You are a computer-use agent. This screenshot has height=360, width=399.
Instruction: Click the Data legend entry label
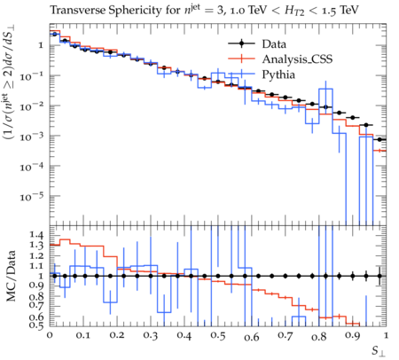pos(274,44)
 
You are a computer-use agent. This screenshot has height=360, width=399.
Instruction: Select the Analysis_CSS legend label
pos(297,59)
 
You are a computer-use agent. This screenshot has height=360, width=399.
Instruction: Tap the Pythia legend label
pos(278,74)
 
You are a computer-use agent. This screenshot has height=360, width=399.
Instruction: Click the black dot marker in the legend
pos(241,43)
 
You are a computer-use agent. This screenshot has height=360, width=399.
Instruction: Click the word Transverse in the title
pos(78,11)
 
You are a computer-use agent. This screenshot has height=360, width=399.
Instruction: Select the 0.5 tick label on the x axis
pos(218,336)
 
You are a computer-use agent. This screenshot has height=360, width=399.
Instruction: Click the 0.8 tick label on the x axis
pos(318,336)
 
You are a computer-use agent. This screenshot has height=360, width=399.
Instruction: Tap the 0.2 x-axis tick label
pos(117,336)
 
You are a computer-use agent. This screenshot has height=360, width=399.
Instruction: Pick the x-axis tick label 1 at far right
pos(386,336)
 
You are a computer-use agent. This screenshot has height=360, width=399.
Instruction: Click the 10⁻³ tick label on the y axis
pos(32,137)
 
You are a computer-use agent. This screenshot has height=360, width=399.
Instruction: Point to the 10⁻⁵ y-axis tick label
pos(32,196)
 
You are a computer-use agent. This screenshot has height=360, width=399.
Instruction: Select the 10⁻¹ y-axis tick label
pos(32,76)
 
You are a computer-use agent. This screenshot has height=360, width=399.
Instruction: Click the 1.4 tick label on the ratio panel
pos(36,235)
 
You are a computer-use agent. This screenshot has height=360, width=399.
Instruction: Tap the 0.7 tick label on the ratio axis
pos(36,304)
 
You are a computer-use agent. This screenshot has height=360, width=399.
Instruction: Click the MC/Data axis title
pos(12,276)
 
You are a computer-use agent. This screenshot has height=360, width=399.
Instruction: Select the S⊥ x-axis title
pos(379,351)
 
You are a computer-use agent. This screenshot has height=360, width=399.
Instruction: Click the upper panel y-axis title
pos(10,82)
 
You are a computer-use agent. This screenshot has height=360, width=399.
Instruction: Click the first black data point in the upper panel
pos(54,35)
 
